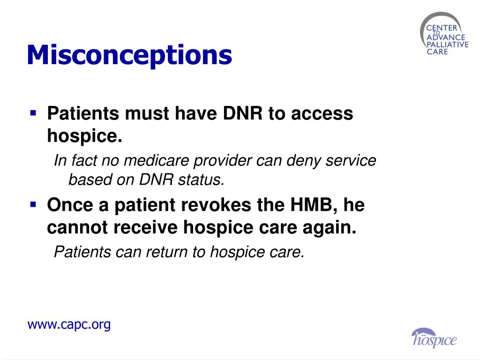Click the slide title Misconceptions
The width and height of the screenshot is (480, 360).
[129, 55]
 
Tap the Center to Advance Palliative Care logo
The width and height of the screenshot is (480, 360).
[444, 36]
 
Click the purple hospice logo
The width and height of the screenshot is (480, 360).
[434, 338]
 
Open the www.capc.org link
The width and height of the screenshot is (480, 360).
[69, 324]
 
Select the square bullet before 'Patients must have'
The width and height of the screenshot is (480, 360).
[33, 113]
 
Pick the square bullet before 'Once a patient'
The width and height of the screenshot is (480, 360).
[33, 204]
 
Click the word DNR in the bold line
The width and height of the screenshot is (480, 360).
[239, 113]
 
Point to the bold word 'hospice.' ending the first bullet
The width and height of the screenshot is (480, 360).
[84, 136]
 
